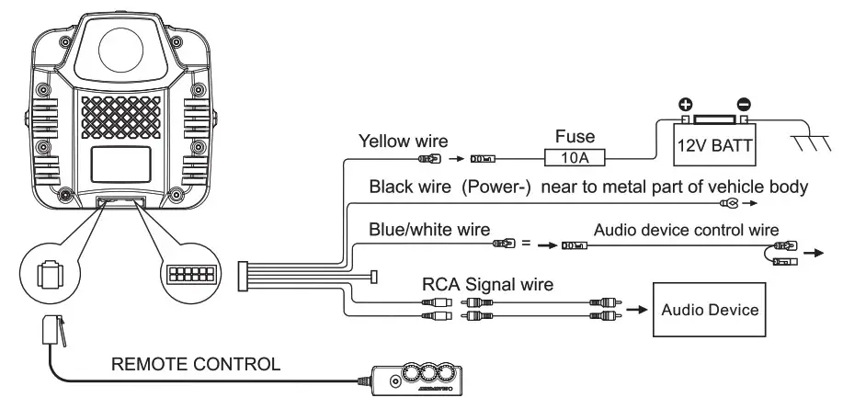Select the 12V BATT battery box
point(713,144)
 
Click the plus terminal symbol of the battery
point(685,105)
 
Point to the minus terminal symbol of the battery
point(745,105)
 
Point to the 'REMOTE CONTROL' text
point(196,364)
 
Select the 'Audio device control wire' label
point(686,228)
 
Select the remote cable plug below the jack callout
point(54,331)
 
